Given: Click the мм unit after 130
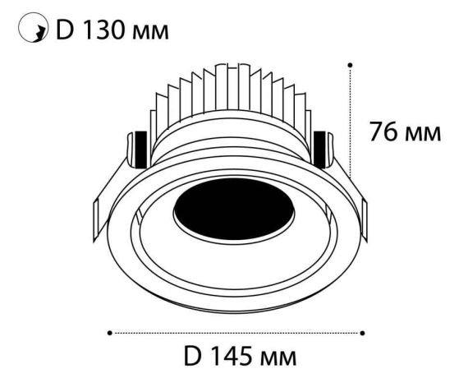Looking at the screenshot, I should (x=148, y=34).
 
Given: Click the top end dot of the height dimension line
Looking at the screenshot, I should (x=351, y=64).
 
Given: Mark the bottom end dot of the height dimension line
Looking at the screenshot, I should (x=351, y=175).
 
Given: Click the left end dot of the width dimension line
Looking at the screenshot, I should (x=110, y=333).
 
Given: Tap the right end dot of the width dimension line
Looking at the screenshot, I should (x=363, y=333).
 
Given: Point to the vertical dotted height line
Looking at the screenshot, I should (x=351, y=119).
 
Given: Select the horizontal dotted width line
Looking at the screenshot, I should (x=236, y=333).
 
